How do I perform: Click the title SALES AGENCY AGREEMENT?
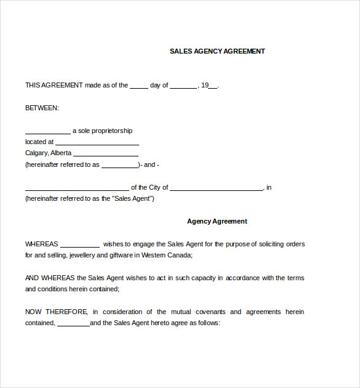point(217,51)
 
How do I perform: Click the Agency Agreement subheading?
point(217,221)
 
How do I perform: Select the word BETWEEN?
point(42,108)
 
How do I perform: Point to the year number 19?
point(205,85)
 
